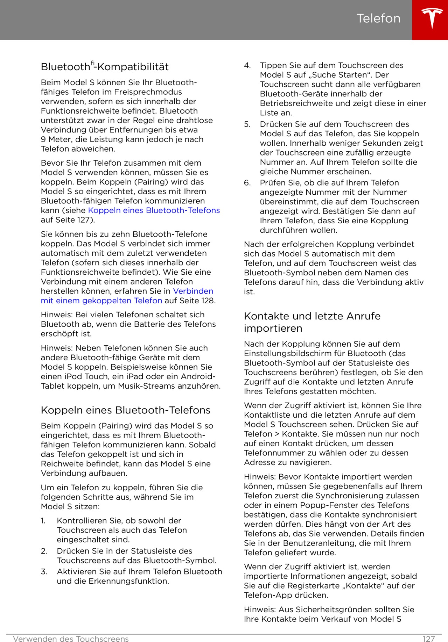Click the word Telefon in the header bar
click(378, 18)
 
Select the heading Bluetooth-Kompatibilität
click(105, 66)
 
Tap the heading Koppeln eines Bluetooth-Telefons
click(125, 410)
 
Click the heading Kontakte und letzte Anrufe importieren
click(312, 322)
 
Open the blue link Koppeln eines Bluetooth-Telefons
click(154, 210)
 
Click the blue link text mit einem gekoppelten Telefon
click(101, 301)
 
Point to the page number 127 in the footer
click(428, 639)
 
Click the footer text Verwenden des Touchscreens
click(71, 639)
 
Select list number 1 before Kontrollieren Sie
click(43, 521)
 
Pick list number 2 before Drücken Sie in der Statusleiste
click(44, 551)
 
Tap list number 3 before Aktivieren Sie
click(44, 572)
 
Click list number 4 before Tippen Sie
click(247, 66)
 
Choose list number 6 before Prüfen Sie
click(247, 183)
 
